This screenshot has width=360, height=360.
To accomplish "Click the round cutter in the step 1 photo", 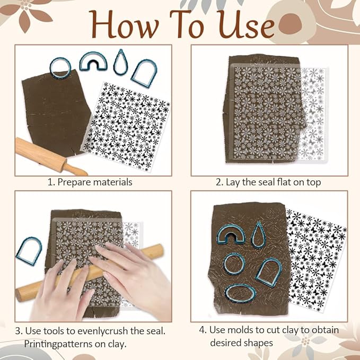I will pyautogui.click(x=59, y=66).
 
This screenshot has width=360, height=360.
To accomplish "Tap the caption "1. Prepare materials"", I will pyautogui.click(x=90, y=182).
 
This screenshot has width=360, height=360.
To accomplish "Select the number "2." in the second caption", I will pyautogui.click(x=219, y=182).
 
